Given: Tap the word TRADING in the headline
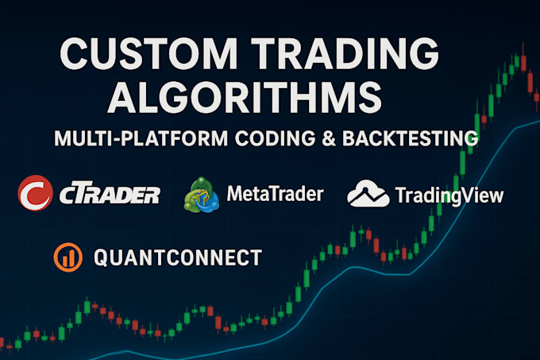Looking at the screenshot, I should [349, 58].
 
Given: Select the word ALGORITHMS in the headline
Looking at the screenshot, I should [245, 99].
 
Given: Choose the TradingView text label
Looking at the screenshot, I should [448, 195].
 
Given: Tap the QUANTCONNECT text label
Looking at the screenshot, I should [177, 257].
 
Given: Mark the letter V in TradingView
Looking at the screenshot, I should [472, 195].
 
